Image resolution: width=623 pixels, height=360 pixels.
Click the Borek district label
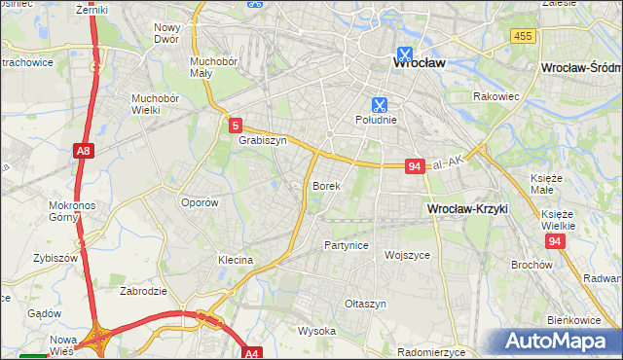(325, 185)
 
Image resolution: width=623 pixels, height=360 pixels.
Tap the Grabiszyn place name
(262, 140)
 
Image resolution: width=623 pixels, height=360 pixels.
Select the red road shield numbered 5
(236, 126)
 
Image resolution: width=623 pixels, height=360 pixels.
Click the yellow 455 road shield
(524, 36)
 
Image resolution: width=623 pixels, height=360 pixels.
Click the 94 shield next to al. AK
(415, 166)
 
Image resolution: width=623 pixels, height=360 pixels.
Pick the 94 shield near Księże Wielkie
(555, 241)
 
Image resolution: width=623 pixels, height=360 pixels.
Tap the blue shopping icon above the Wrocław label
(403, 55)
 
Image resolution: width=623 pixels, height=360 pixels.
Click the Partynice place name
(347, 245)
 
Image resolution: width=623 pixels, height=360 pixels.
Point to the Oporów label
(200, 202)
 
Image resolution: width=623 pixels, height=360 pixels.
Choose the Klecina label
(236, 260)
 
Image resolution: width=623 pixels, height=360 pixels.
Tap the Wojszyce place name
(407, 255)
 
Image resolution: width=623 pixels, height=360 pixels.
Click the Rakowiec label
(493, 96)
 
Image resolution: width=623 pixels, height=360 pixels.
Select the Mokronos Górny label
(69, 211)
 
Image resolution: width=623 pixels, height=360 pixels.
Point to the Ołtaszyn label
(366, 304)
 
